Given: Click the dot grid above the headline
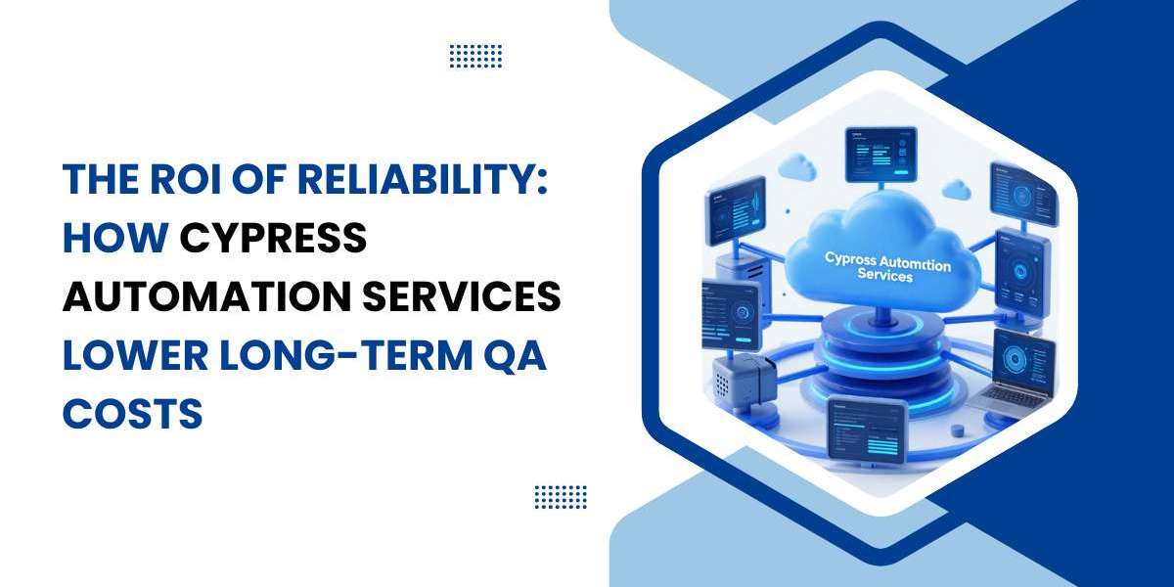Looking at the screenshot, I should (475, 56).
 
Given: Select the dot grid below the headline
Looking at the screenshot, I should (561, 497).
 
